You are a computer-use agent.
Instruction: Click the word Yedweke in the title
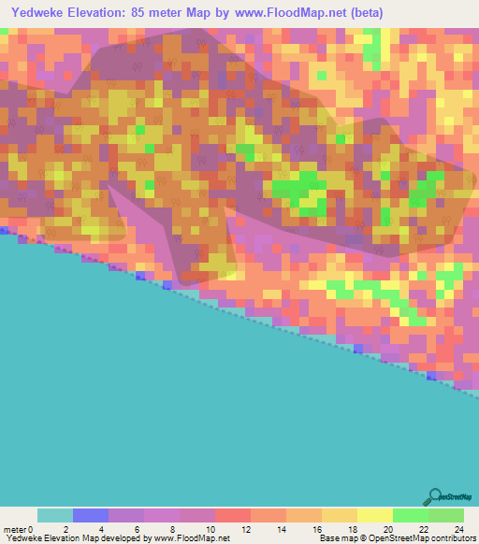[x=44, y=11]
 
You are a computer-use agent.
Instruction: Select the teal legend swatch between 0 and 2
[x=55, y=515]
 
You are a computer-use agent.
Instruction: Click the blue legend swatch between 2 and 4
[x=91, y=515]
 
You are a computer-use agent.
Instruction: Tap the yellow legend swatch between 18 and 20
[x=375, y=515]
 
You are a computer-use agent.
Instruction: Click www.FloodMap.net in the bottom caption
[x=192, y=539]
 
